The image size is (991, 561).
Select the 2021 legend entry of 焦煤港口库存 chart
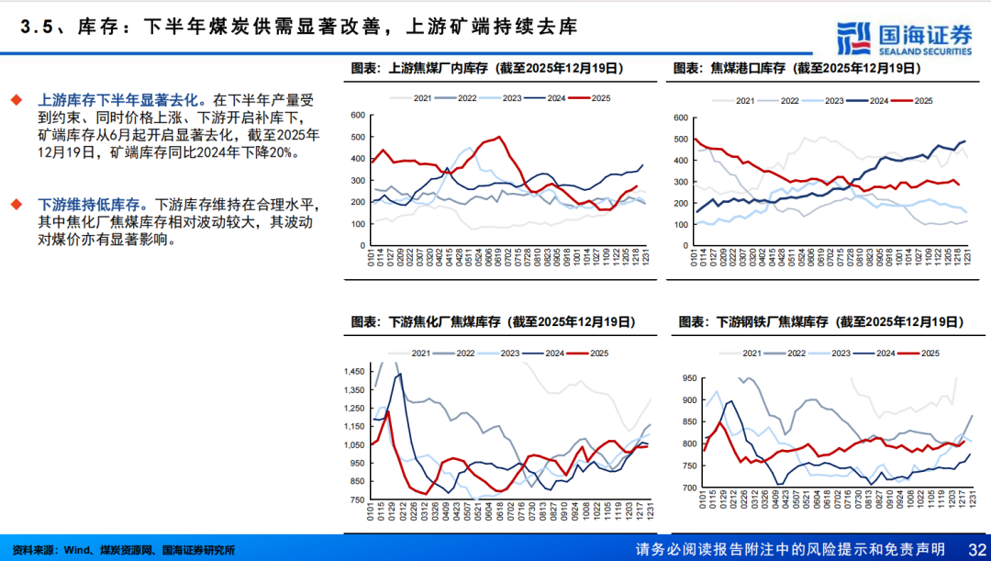744,100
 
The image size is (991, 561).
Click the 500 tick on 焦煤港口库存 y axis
681,140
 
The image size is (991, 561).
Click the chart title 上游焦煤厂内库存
487,68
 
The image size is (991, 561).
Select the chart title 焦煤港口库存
796,68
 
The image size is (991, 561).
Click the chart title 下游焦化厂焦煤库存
494,322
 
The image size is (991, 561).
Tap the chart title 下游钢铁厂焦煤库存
819,322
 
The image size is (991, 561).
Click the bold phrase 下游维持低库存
92,205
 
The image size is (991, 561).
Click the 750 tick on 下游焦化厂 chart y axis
356,499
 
